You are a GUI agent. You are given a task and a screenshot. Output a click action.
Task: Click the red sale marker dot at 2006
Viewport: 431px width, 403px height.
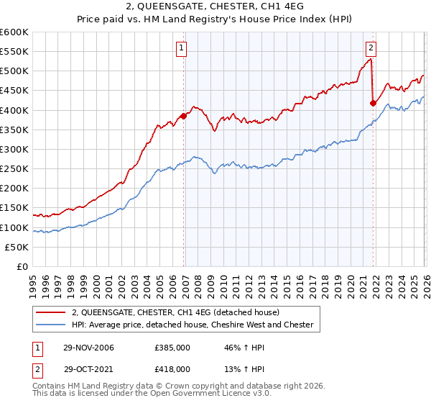pyautogui.click(x=184, y=115)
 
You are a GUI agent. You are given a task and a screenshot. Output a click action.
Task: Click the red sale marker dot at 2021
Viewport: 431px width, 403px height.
pyautogui.click(x=373, y=103)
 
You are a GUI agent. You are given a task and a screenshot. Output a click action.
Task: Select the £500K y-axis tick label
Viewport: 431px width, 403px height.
pyautogui.click(x=14, y=71)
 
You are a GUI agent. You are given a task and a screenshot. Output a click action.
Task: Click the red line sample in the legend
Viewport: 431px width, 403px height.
pyautogui.click(x=51, y=312)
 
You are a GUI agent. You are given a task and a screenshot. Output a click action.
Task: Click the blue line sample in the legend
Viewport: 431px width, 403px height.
pyautogui.click(x=51, y=325)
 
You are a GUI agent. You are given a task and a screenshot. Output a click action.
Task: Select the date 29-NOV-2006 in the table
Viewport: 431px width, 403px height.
pyautogui.click(x=88, y=348)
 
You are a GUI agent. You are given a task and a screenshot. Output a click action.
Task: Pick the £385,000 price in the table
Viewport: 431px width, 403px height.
pyautogui.click(x=172, y=348)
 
